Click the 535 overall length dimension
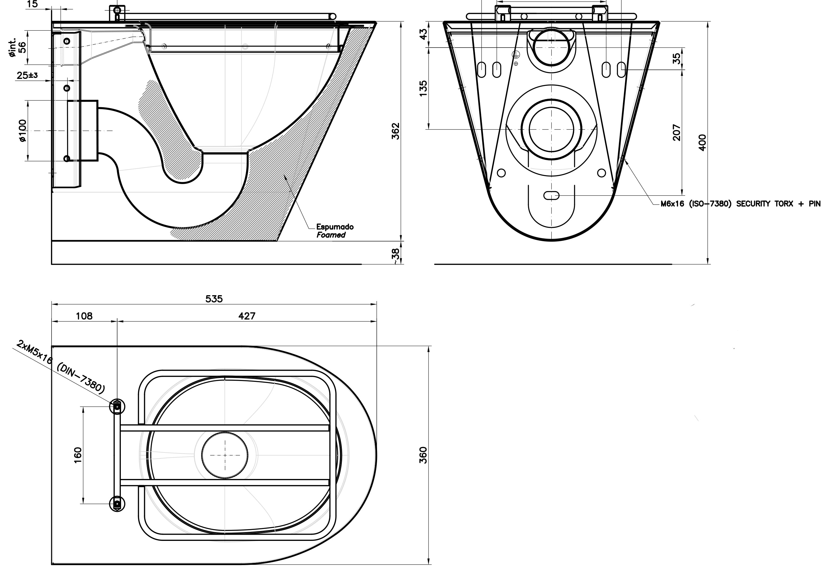[214, 299]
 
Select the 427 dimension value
[247, 316]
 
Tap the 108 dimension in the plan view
[84, 316]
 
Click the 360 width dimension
[423, 455]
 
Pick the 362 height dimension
[396, 131]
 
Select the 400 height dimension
[702, 143]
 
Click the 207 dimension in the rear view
[677, 133]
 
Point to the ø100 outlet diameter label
[22, 131]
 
